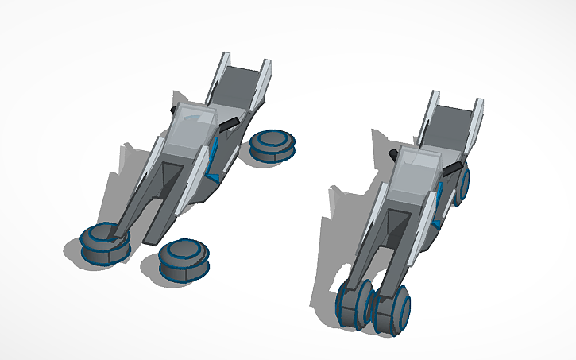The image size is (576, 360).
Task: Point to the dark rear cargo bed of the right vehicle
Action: pyautogui.click(x=454, y=123)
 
